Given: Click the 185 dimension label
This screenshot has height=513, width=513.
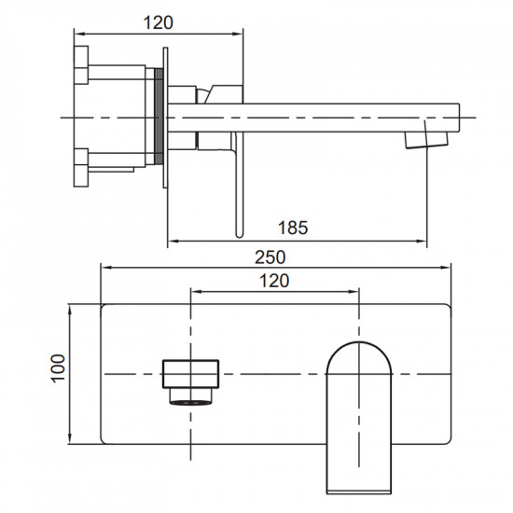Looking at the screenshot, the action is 293,228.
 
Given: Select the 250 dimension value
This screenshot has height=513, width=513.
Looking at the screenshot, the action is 270,257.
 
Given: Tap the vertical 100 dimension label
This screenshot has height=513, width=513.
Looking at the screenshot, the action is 58,368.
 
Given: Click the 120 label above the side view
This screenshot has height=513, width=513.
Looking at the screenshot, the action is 159,23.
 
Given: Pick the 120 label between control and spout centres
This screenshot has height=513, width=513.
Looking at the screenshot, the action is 274,281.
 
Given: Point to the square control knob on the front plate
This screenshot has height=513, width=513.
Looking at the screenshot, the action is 190,374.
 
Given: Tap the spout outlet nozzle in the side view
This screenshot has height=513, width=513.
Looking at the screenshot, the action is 426,140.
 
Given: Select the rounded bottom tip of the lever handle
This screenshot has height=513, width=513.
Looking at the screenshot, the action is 240,234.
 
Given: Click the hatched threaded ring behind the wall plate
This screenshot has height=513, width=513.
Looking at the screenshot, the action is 159,116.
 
